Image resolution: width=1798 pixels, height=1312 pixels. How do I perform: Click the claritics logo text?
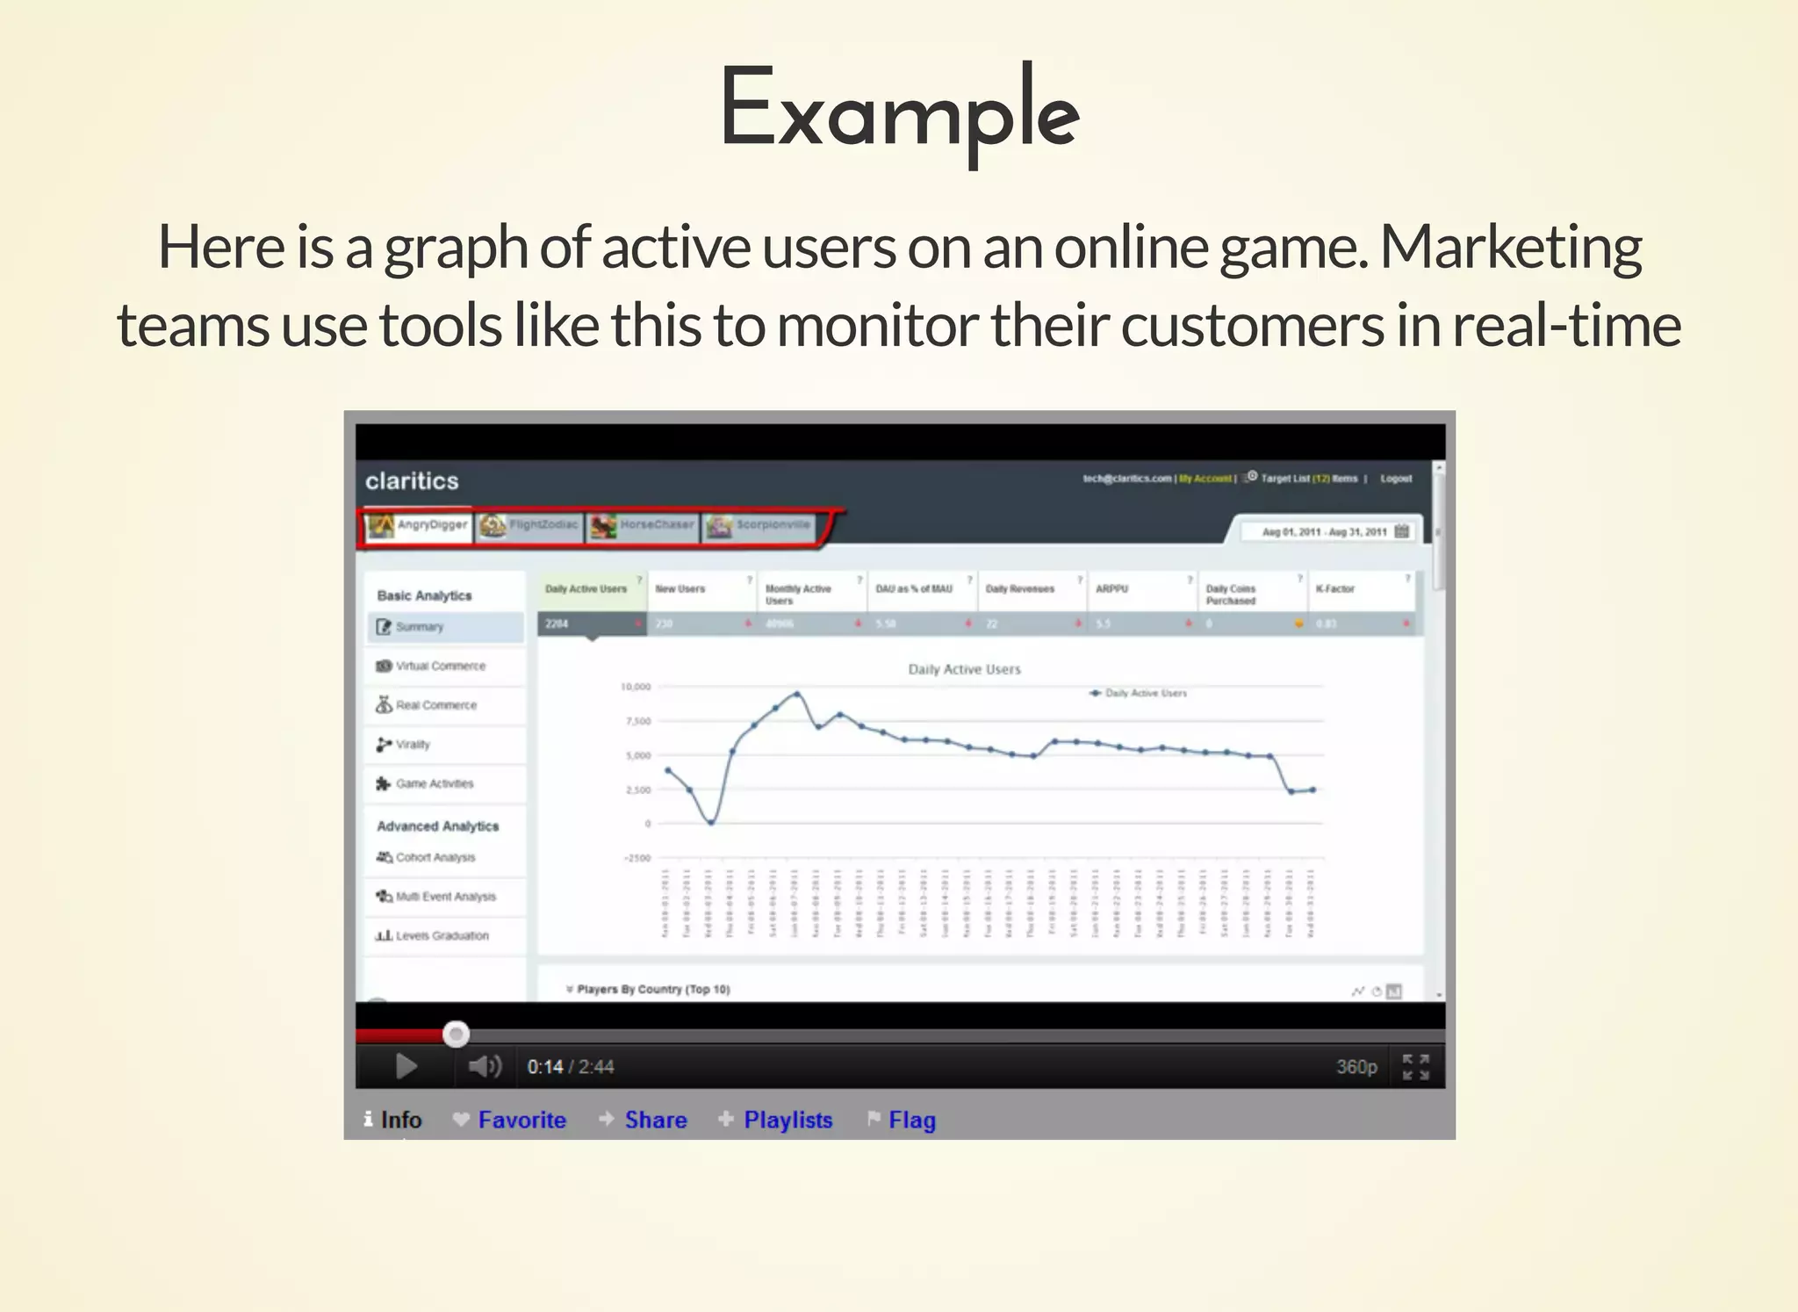pyautogui.click(x=412, y=481)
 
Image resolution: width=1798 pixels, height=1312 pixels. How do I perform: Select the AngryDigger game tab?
pyautogui.click(x=419, y=525)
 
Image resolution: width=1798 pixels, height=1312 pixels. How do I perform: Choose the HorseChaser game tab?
pyautogui.click(x=644, y=525)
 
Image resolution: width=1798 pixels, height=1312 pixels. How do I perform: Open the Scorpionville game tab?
pyautogui.click(x=760, y=525)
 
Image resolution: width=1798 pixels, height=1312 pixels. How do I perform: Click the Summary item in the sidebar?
pyautogui.click(x=419, y=627)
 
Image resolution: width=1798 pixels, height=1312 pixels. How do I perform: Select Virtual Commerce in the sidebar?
pyautogui.click(x=440, y=667)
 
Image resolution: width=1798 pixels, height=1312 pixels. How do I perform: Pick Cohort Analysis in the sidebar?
pyautogui.click(x=435, y=857)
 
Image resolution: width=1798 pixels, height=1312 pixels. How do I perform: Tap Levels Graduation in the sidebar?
pyautogui.click(x=442, y=936)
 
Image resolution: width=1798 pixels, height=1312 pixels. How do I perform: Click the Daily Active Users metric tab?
pyautogui.click(x=586, y=589)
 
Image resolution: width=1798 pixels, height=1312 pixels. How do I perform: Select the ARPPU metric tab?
pyautogui.click(x=1111, y=589)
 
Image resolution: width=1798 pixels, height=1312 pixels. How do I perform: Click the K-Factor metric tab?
pyautogui.click(x=1335, y=589)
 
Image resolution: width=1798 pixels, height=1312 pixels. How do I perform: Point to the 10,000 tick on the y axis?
pyautogui.click(x=636, y=687)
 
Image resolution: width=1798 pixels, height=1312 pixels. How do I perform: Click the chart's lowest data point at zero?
pyautogui.click(x=711, y=823)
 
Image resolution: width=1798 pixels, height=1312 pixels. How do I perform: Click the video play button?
pyautogui.click(x=406, y=1066)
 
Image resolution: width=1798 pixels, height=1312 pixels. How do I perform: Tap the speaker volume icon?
pyautogui.click(x=484, y=1066)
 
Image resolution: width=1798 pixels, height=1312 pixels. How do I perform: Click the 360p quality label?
pyautogui.click(x=1356, y=1067)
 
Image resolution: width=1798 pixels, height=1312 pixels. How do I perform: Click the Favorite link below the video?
pyautogui.click(x=521, y=1120)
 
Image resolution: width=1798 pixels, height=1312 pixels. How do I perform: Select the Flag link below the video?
pyautogui.click(x=911, y=1120)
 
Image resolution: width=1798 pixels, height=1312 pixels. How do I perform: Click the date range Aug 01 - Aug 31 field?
pyautogui.click(x=1324, y=532)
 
